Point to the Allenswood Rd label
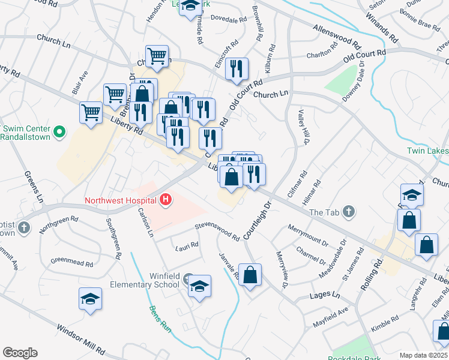pos(337,37)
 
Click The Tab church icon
pos(349,212)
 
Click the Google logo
pos(20,353)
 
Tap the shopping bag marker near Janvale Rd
pos(250,275)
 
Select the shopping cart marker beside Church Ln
pos(157,55)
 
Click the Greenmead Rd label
pos(71,262)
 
